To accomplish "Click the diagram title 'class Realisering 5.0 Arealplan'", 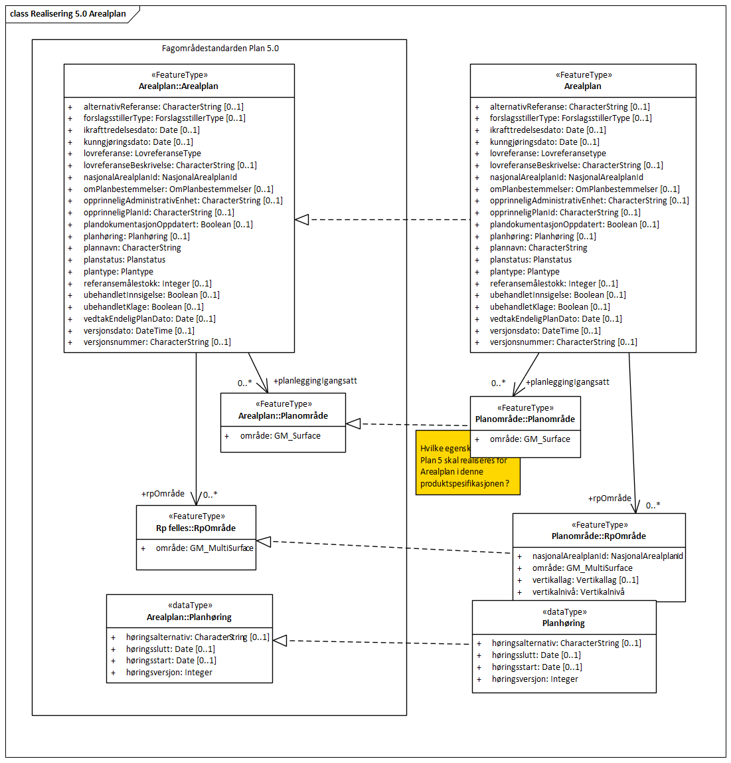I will point(68,13).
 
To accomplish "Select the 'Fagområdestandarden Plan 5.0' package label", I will point(220,49).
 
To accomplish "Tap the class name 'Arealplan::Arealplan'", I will point(178,86).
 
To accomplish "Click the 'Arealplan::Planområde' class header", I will point(283,416).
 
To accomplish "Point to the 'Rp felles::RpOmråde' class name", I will point(196,528).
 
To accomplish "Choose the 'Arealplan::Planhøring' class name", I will point(189,617).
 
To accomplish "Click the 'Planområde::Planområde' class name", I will point(525,419).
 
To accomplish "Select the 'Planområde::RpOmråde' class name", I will point(598,536).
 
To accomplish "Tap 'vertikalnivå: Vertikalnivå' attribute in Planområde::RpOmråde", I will point(578,592).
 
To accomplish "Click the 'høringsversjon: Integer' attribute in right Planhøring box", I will point(534,679).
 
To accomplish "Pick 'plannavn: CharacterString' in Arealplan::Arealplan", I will point(132,248).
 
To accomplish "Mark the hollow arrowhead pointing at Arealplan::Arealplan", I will point(302,220).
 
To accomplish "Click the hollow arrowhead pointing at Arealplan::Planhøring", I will point(280,641).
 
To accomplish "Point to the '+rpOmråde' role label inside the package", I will point(163,494).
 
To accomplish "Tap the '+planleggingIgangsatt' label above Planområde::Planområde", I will point(567,382).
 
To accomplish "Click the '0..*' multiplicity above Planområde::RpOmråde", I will point(653,506).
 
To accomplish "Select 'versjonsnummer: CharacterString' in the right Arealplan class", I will point(563,342).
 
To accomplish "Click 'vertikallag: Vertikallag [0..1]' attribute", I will point(585,580).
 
